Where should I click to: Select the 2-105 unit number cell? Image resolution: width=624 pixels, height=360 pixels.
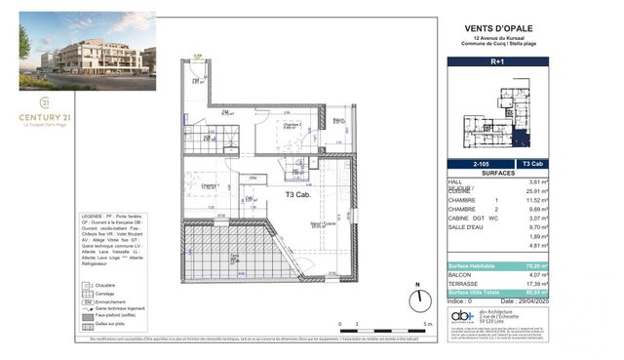click(474, 165)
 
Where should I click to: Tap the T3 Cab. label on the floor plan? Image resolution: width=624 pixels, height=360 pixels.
click(297, 194)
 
